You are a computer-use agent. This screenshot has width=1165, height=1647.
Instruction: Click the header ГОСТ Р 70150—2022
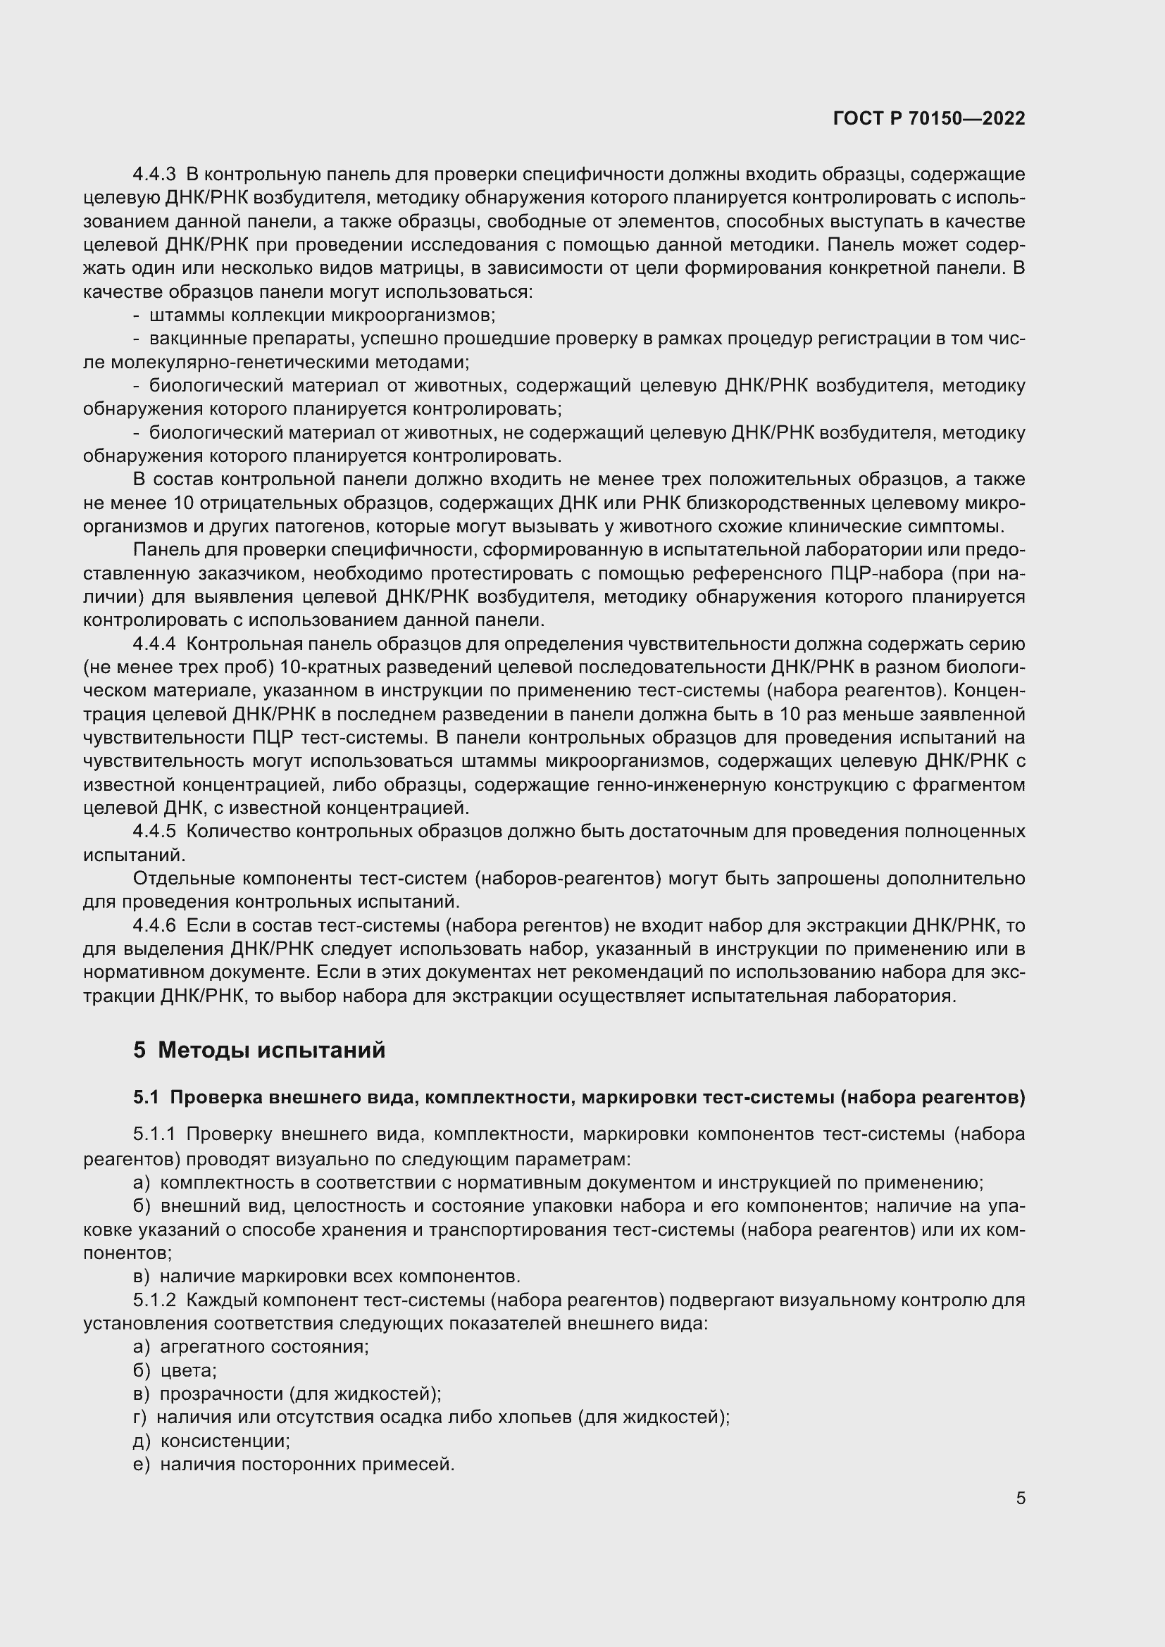(929, 118)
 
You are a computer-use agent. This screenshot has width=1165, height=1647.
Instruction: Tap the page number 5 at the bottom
(1020, 1498)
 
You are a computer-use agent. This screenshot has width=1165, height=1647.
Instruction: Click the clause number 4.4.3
(154, 175)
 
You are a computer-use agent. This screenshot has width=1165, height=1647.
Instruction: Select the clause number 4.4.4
(154, 644)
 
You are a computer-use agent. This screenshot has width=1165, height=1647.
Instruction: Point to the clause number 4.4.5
(154, 832)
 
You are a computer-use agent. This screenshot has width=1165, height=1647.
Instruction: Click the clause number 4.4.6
(154, 925)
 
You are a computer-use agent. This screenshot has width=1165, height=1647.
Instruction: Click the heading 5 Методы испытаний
(259, 1050)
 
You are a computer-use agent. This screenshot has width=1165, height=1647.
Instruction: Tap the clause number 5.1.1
(154, 1134)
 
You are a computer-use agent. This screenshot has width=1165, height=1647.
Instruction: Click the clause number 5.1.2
(154, 1300)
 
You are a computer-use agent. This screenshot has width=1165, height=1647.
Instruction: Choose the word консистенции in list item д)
(225, 1441)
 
